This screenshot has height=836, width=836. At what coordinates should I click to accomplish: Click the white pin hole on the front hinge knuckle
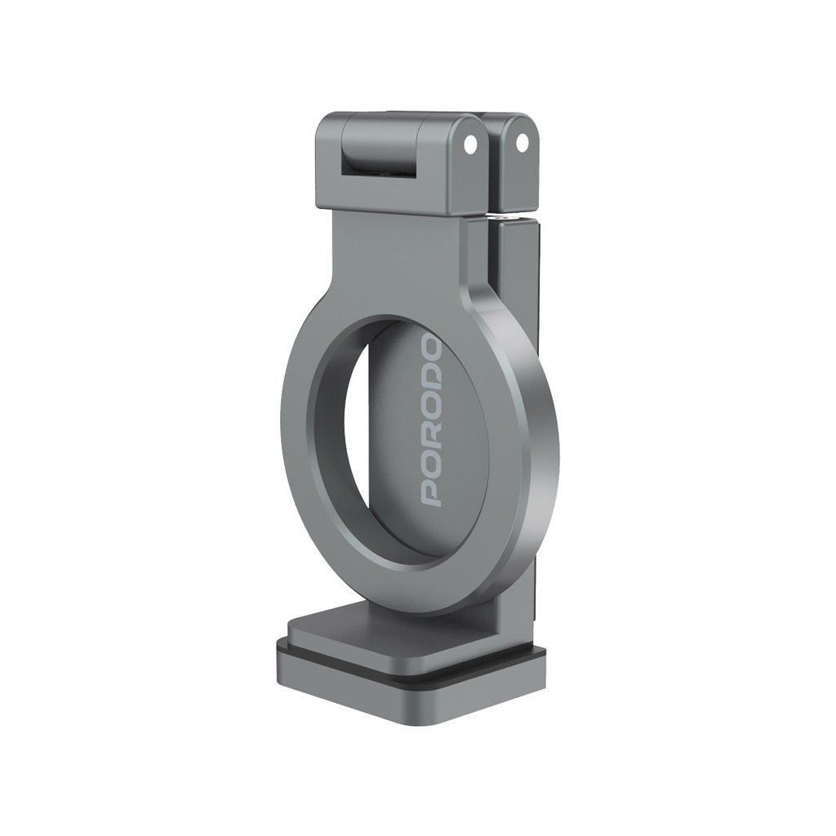(x=469, y=144)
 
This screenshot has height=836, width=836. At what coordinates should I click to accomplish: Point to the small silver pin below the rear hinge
(x=498, y=217)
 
